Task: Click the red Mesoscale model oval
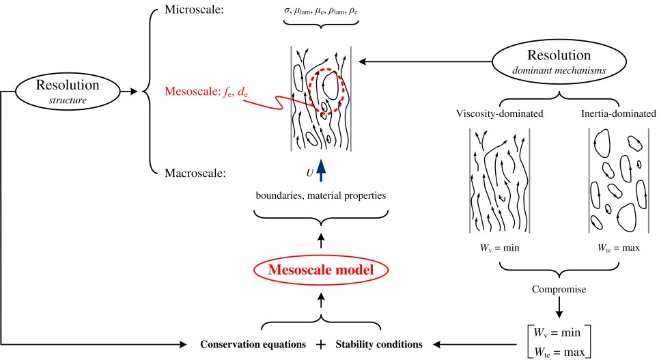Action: point(321,270)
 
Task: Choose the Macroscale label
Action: point(195,174)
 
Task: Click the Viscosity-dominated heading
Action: point(499,113)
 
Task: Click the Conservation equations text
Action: point(253,343)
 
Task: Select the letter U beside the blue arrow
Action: point(309,174)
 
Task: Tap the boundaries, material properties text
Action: point(321,196)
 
